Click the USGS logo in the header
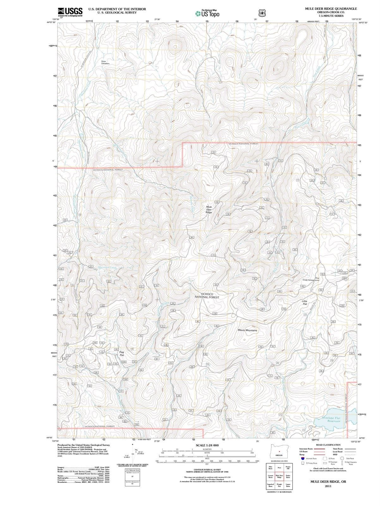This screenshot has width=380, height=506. point(70,12)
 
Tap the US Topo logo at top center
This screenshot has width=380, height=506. point(207,14)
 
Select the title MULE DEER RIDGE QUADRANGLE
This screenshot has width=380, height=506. point(331,9)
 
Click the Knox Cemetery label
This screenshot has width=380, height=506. point(105,62)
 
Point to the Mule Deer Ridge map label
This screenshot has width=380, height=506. point(209,210)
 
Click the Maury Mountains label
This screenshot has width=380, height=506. point(247,330)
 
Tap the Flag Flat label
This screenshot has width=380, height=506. point(121,354)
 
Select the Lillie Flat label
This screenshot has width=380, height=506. point(305,303)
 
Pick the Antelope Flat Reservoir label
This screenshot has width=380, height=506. point(331,419)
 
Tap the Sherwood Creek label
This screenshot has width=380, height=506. point(107,268)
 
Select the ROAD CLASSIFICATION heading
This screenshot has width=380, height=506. point(328,445)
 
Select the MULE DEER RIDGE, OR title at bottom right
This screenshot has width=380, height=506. point(328,482)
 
